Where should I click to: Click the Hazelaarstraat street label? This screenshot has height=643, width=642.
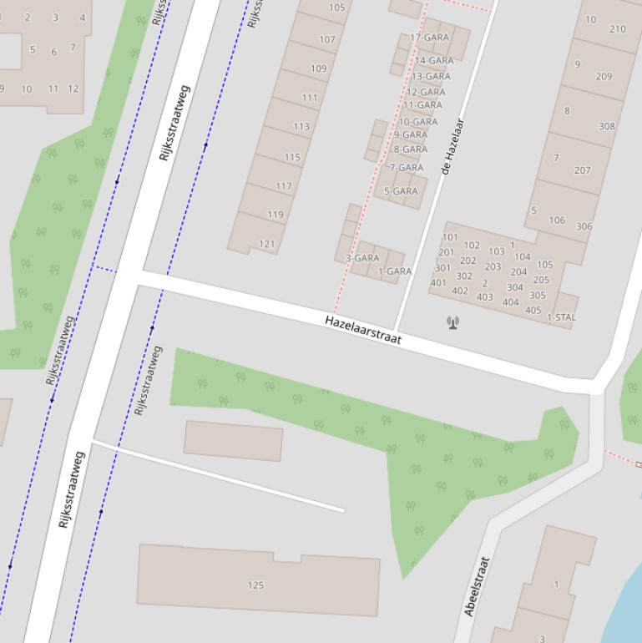(x=363, y=330)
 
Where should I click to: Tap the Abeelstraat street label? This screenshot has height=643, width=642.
(x=476, y=586)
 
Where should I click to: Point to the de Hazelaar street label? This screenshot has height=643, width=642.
(x=452, y=147)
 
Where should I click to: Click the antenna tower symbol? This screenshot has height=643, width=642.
(x=452, y=321)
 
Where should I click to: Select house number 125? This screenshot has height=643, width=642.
(x=255, y=585)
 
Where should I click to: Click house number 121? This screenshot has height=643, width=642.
(x=267, y=244)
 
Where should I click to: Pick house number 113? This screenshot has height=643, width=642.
(x=301, y=127)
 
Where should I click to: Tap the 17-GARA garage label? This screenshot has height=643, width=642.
(x=429, y=38)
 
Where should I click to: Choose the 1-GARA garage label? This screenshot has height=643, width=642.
(x=395, y=271)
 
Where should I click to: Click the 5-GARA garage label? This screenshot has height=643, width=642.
(x=401, y=191)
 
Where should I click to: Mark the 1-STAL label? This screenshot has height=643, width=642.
(x=561, y=317)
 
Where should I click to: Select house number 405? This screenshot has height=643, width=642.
(x=533, y=311)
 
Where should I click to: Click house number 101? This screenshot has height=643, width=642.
(x=450, y=238)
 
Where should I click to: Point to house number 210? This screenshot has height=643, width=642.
(x=617, y=29)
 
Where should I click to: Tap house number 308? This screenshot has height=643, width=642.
(x=606, y=127)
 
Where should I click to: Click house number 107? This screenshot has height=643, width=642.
(x=327, y=39)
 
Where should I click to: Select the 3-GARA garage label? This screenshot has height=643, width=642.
(x=362, y=258)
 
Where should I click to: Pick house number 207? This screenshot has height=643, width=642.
(x=582, y=170)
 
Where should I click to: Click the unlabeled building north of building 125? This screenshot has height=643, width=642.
(x=233, y=440)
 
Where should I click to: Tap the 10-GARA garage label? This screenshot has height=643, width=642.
(x=418, y=122)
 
